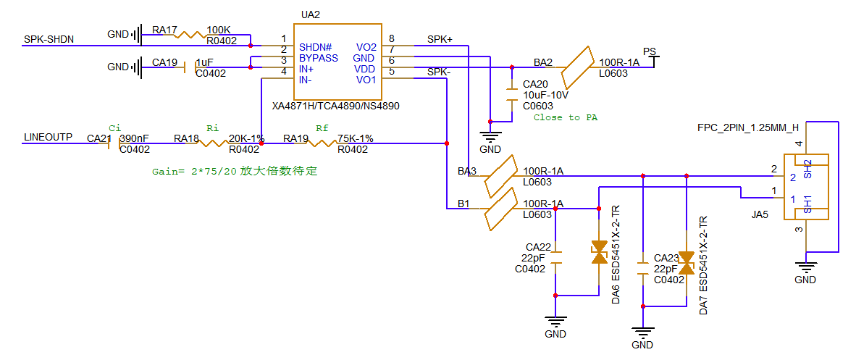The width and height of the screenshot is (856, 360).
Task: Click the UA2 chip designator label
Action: (x=310, y=14)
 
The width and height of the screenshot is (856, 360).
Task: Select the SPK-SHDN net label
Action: (x=49, y=39)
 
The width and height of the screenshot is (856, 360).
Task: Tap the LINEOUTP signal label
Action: (x=48, y=137)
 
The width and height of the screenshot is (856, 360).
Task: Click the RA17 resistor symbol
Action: (x=191, y=34)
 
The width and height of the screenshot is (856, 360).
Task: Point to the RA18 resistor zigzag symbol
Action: (x=211, y=143)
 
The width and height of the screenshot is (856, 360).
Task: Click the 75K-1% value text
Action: (x=356, y=138)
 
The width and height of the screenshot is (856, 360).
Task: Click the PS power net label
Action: (x=650, y=52)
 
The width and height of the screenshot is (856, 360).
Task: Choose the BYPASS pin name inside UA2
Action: (x=319, y=58)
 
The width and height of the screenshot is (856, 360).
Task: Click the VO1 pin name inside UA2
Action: (x=366, y=80)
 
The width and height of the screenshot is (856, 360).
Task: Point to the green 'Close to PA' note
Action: (x=565, y=117)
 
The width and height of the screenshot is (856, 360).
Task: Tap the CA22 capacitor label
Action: (x=539, y=247)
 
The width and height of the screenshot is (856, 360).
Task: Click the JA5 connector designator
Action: (x=760, y=215)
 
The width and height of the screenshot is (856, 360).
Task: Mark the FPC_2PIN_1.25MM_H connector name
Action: (x=748, y=127)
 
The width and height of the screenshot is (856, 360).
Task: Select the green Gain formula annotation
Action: (x=235, y=172)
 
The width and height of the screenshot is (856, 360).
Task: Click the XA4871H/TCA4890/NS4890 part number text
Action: (x=335, y=106)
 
